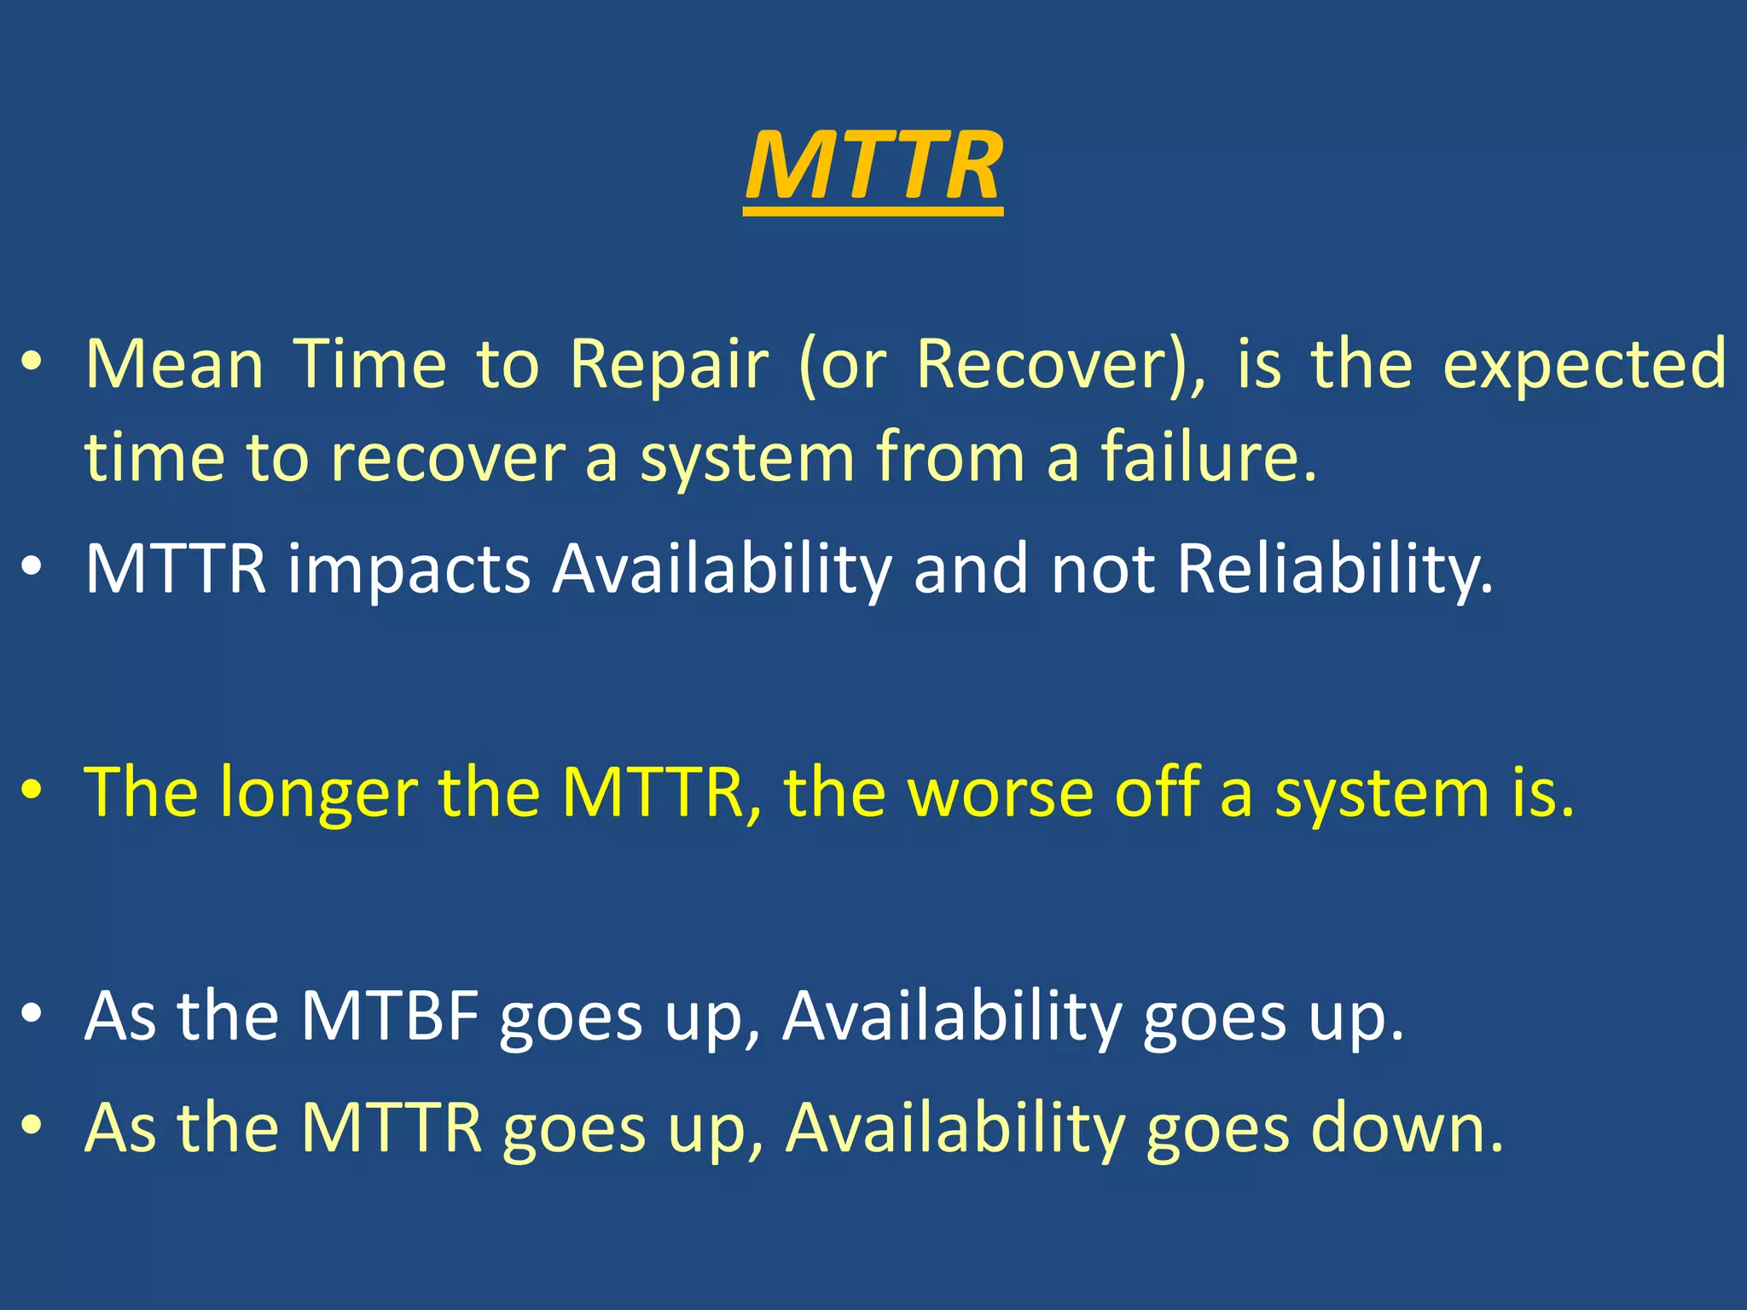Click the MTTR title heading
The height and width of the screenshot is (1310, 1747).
click(x=873, y=166)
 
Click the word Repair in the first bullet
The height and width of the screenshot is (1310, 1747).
click(x=669, y=365)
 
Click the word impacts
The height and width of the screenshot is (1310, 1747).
click(x=409, y=570)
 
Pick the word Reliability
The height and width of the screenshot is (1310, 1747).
click(x=1335, y=570)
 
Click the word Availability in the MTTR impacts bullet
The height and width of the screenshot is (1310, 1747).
click(x=722, y=570)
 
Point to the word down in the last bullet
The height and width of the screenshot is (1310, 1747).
click(x=1407, y=1128)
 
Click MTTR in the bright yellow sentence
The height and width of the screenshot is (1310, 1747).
click(x=653, y=793)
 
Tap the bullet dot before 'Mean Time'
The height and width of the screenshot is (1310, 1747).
click(x=32, y=363)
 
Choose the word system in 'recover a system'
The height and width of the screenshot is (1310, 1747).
click(x=747, y=459)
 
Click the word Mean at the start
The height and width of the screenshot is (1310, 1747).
click(x=174, y=365)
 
